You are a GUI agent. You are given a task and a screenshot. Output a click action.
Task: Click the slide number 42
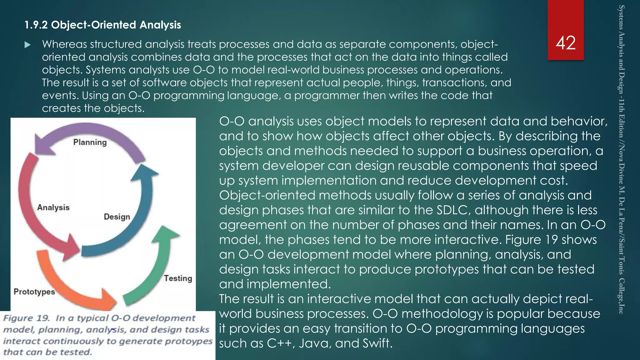[x=566, y=43]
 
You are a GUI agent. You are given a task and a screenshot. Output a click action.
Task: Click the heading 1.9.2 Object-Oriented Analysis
[x=103, y=25]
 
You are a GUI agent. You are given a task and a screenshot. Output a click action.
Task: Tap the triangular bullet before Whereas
[x=27, y=45]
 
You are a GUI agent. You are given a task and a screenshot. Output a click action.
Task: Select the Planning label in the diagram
[x=90, y=142]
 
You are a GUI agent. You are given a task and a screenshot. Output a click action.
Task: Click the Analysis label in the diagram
[x=53, y=207]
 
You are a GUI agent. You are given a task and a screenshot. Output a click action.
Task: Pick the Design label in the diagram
[x=117, y=217]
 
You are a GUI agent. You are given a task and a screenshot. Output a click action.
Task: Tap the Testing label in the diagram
[x=178, y=278]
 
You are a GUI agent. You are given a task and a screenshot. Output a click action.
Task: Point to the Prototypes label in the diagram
[x=34, y=292]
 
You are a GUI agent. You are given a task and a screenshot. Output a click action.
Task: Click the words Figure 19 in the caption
[x=26, y=318]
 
